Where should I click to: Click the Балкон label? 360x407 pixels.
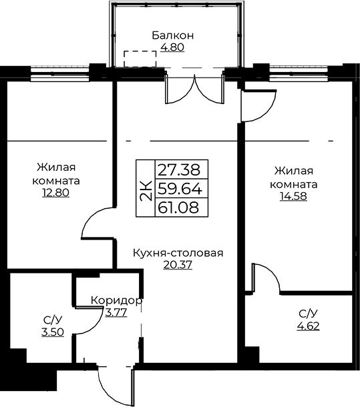tap(173, 35)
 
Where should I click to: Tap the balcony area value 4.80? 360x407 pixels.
tap(172, 47)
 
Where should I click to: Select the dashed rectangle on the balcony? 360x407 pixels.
tap(140, 59)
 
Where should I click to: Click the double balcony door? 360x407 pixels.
tap(194, 89)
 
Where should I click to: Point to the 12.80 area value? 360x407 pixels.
tap(55, 193)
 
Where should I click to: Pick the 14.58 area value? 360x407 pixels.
tap(293, 196)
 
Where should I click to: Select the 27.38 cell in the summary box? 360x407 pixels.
tap(179, 169)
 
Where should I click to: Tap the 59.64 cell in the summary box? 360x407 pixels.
tap(180, 188)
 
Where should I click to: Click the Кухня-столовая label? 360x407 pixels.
tap(178, 253)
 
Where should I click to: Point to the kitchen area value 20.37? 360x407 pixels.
tap(178, 265)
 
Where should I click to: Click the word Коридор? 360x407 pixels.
tap(117, 300)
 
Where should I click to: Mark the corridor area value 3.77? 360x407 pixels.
tap(116, 312)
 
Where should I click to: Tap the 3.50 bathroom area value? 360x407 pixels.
tap(53, 332)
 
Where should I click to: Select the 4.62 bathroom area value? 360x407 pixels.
tap(309, 326)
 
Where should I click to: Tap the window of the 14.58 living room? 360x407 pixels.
tap(299, 73)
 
